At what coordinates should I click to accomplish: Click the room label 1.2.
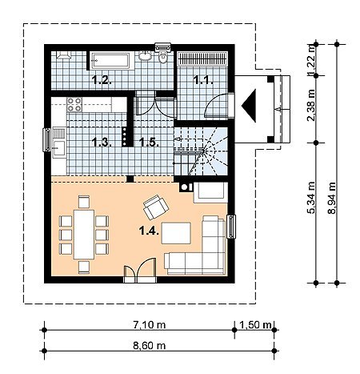point(102,79)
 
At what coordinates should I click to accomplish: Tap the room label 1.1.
point(203,79)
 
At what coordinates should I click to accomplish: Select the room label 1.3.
point(102,142)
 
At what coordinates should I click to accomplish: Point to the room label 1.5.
point(149,142)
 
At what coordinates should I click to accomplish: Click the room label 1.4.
point(149,230)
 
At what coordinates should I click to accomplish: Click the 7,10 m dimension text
point(149,324)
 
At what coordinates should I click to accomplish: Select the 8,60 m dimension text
point(149,345)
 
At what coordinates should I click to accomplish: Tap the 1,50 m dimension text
point(255,324)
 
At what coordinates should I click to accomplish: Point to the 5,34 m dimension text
point(311,198)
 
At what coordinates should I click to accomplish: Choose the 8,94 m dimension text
point(332,198)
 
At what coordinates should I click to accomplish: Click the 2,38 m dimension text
point(311,106)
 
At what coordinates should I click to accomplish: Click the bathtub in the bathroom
point(110,61)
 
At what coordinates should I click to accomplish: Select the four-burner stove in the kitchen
point(74,104)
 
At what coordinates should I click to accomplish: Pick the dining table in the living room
point(84,235)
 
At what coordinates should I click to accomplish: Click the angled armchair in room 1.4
point(156,207)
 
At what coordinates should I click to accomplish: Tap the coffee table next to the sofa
point(176,233)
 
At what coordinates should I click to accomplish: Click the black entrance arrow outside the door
point(249,106)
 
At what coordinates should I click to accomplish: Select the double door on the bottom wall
point(140,270)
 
